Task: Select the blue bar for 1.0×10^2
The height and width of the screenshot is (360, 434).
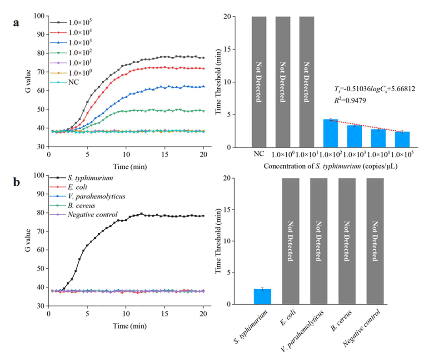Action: click(x=331, y=133)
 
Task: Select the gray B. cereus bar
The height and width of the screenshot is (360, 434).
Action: click(x=347, y=241)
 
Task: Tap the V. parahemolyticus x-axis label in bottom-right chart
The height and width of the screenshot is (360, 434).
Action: click(x=316, y=331)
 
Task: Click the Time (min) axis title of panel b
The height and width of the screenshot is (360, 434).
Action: click(x=126, y=325)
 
